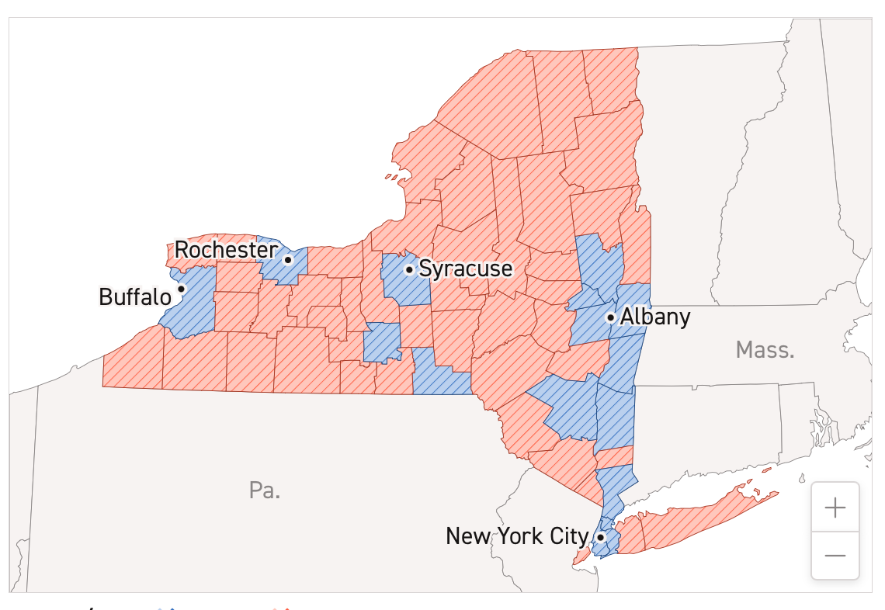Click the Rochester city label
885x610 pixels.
(x=225, y=250)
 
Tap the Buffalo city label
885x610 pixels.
(x=135, y=297)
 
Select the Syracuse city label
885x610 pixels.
(x=466, y=269)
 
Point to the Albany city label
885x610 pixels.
(x=655, y=317)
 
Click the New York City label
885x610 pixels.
(x=517, y=536)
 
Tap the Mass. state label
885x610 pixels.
(x=765, y=350)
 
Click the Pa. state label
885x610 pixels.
(x=265, y=490)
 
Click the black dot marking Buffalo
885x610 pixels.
(x=182, y=289)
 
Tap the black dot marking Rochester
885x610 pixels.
(x=287, y=259)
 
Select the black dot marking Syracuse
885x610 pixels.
(x=409, y=269)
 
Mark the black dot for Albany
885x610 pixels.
(x=611, y=317)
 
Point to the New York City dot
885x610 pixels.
(x=601, y=536)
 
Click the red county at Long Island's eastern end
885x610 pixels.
(x=699, y=520)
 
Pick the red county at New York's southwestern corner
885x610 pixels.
(x=132, y=361)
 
